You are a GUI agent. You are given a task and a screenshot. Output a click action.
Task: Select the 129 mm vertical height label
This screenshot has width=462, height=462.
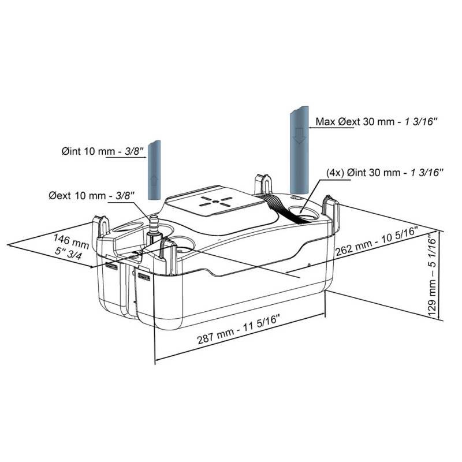(x=432, y=277)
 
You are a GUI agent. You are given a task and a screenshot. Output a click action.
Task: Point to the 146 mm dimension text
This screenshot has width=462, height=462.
(x=71, y=241)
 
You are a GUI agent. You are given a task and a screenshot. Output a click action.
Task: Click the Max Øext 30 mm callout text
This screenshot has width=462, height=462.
(x=377, y=121)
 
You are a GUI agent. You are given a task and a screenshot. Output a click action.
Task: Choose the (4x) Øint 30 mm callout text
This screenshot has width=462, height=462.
(x=385, y=172)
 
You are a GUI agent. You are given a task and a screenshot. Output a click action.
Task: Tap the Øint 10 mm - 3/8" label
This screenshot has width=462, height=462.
(x=103, y=151)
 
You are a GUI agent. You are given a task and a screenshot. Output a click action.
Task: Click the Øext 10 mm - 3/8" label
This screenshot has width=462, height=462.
(x=92, y=196)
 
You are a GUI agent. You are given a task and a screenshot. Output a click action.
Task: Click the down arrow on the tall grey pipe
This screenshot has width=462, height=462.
(x=299, y=137)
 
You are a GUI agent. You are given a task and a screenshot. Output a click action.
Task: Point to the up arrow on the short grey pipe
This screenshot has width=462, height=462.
(x=154, y=180)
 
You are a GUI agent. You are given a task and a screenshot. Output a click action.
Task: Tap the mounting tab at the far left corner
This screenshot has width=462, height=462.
(x=103, y=227)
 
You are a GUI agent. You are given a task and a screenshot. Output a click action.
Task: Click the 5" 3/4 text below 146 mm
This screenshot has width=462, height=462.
(x=68, y=254)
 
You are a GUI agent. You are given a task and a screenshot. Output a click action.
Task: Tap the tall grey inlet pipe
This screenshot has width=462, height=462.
(x=299, y=150)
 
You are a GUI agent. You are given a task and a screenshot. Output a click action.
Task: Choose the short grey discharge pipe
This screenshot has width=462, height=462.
(x=154, y=170)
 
